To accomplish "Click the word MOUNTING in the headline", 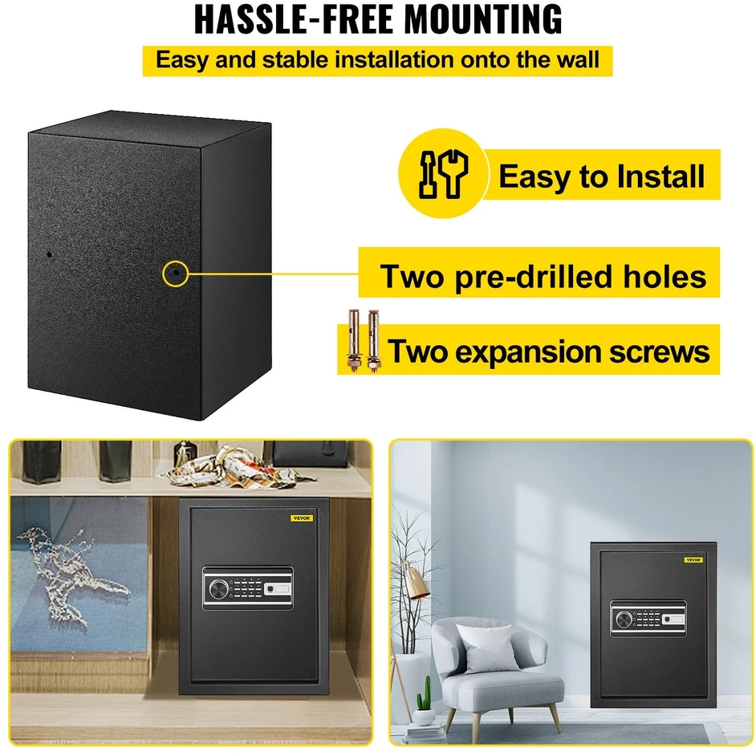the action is [x=483, y=19].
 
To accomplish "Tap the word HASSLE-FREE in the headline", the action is [x=295, y=19].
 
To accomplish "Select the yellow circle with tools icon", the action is [x=444, y=173].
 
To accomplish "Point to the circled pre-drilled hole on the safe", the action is [x=177, y=273].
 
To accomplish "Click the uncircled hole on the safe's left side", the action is [x=49, y=254].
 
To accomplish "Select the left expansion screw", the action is [x=354, y=340].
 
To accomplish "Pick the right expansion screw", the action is [x=372, y=340].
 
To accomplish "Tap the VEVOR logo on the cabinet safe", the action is [x=302, y=518].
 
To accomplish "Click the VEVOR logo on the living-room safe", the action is [x=694, y=560].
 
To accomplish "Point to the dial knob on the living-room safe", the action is [x=624, y=619].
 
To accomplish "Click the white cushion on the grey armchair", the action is [x=487, y=647].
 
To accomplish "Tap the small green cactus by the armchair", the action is [x=425, y=695].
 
